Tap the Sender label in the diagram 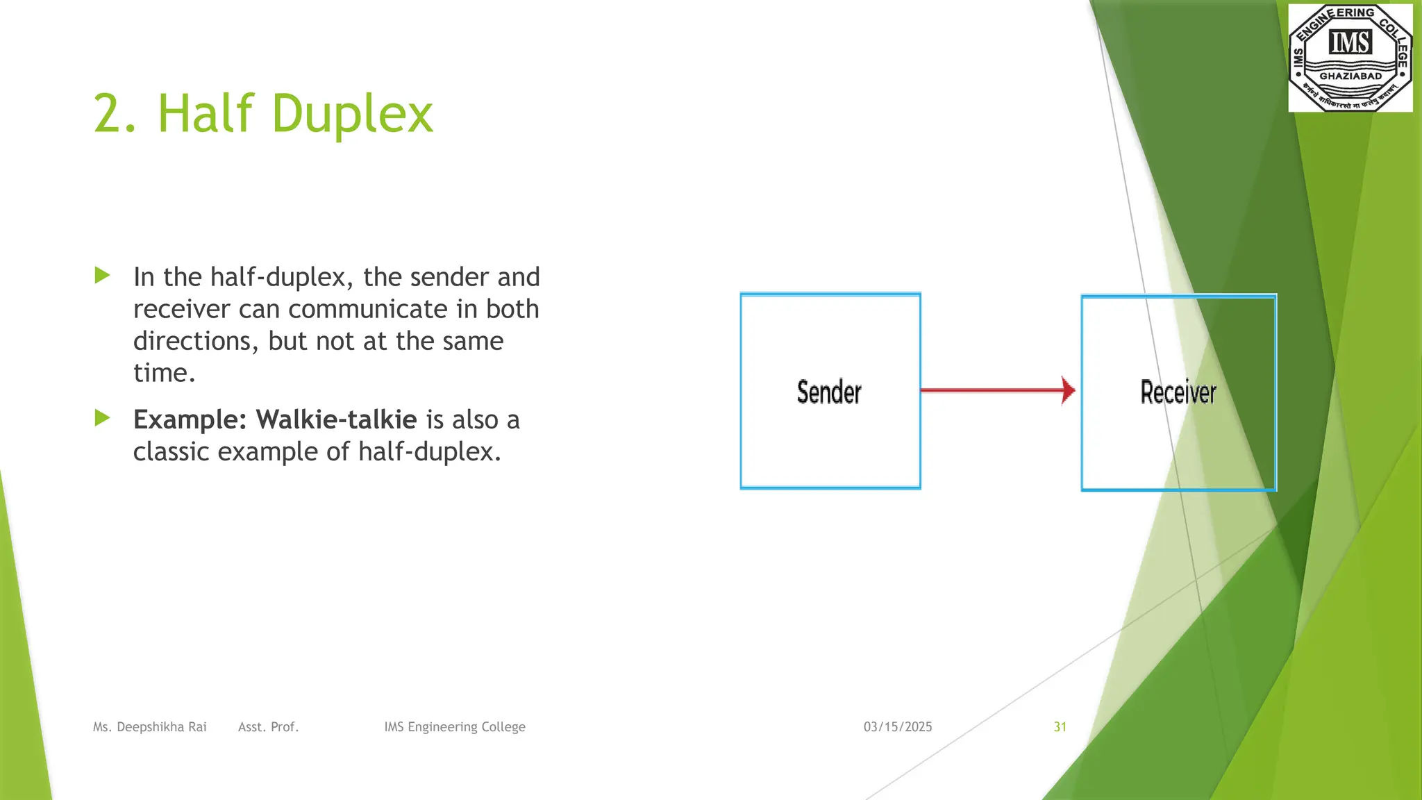[x=829, y=392]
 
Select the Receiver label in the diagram [x=1178, y=392]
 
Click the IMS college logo [x=1350, y=57]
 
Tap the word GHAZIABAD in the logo [x=1350, y=76]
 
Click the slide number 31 [x=1060, y=726]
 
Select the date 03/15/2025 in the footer [x=898, y=726]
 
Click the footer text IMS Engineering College [x=455, y=726]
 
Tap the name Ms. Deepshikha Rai [x=150, y=726]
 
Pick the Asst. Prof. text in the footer [x=268, y=726]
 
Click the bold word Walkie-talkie [x=336, y=419]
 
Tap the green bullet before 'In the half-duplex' [x=102, y=276]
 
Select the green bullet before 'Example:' [x=102, y=418]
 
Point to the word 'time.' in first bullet [x=164, y=373]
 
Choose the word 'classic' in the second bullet [x=171, y=451]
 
